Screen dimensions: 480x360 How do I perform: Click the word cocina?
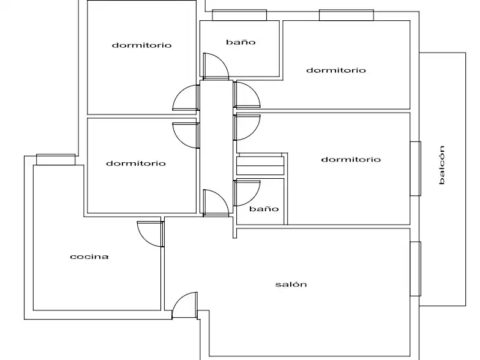click(x=89, y=257)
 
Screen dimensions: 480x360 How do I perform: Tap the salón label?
click(x=291, y=284)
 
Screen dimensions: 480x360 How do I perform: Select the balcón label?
click(x=441, y=165)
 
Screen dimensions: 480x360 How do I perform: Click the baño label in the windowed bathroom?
click(x=241, y=42)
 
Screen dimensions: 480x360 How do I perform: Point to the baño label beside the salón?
click(x=264, y=209)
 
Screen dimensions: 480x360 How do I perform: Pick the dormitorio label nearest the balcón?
click(x=351, y=159)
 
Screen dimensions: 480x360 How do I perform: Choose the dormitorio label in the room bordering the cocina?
click(x=136, y=163)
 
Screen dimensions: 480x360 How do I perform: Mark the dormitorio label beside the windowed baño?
click(x=336, y=70)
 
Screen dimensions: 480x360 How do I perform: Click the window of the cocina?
click(x=56, y=159)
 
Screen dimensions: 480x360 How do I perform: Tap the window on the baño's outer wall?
click(x=239, y=15)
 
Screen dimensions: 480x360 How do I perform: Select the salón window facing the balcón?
click(x=415, y=269)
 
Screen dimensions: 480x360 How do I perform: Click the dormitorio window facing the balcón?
click(x=415, y=168)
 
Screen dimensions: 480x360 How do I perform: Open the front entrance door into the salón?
click(x=185, y=306)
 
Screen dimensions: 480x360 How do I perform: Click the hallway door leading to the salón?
click(x=216, y=203)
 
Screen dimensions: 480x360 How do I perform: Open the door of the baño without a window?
click(x=247, y=193)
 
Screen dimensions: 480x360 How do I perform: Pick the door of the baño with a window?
click(x=216, y=66)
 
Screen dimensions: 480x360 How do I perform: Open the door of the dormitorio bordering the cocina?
click(x=186, y=136)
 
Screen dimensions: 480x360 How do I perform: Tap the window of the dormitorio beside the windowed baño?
click(x=347, y=15)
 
